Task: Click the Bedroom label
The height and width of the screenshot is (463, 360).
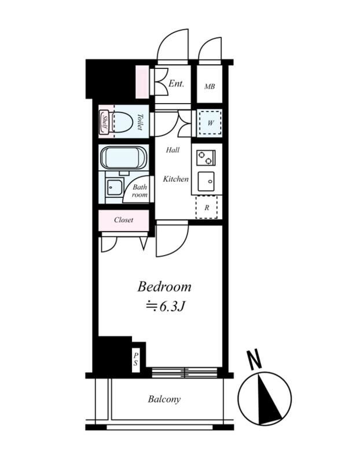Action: pyautogui.click(x=164, y=286)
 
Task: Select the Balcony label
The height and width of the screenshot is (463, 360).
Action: pyautogui.click(x=164, y=399)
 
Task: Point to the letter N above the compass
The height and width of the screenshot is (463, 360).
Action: pyautogui.click(x=254, y=359)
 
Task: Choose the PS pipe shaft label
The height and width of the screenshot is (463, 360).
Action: pyautogui.click(x=135, y=359)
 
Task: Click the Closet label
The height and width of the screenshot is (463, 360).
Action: pyautogui.click(x=123, y=220)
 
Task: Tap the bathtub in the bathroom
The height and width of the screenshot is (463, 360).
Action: pyautogui.click(x=123, y=159)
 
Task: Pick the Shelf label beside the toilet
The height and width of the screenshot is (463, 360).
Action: pyautogui.click(x=104, y=122)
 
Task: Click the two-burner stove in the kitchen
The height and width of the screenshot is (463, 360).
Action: pyautogui.click(x=205, y=157)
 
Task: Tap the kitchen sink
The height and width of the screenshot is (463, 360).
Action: pyautogui.click(x=206, y=181)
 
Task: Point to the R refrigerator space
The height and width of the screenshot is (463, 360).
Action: pyautogui.click(x=207, y=207)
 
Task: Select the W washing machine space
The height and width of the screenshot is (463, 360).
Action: pyautogui.click(x=210, y=123)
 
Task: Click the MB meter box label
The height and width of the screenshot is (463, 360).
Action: pyautogui.click(x=210, y=86)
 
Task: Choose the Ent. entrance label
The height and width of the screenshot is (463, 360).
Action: pyautogui.click(x=176, y=83)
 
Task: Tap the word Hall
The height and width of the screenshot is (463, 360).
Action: pyautogui.click(x=172, y=150)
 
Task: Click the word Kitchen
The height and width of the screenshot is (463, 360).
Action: pyautogui.click(x=176, y=179)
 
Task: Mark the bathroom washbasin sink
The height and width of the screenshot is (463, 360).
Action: pyautogui.click(x=115, y=187)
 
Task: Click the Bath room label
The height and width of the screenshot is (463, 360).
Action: pyautogui.click(x=139, y=191)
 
